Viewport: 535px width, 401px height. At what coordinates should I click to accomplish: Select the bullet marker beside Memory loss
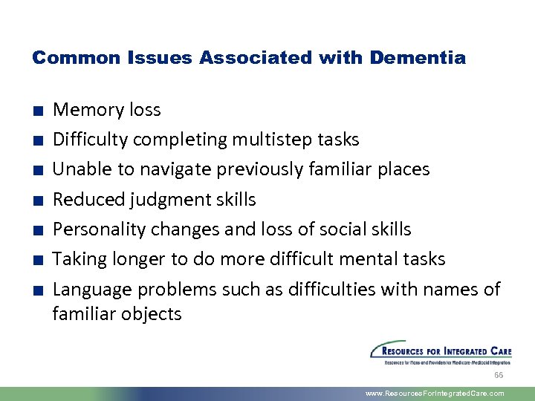tap(37, 111)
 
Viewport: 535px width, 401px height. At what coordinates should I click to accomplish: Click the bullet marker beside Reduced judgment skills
tap(37, 200)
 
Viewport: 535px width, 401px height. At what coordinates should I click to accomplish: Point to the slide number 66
tap(499, 376)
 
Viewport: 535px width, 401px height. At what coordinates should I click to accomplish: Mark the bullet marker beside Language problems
tap(37, 290)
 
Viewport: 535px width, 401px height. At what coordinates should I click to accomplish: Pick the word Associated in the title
tap(239, 57)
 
